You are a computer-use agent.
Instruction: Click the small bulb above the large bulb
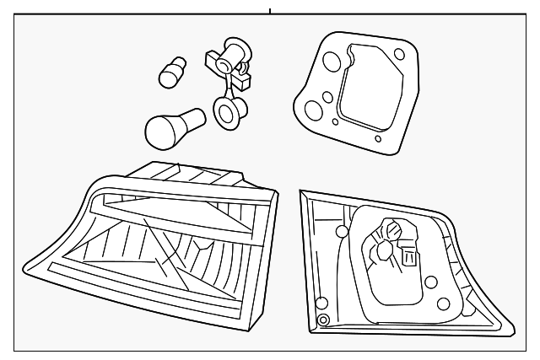coord(172,71)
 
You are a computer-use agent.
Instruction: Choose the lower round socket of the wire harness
coord(225,111)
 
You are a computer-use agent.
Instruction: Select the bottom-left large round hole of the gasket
coord(312,110)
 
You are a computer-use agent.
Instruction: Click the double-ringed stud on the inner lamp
coord(322,320)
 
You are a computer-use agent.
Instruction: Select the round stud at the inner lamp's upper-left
coord(342,232)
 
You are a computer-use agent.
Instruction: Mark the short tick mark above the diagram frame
coord(270,11)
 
